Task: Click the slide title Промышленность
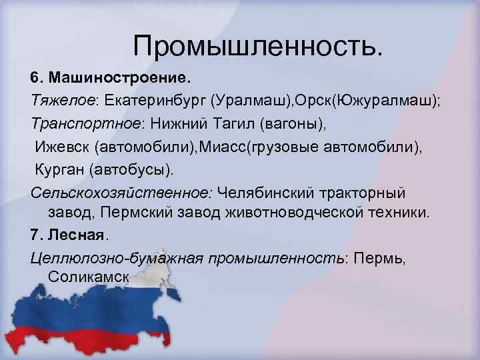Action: coord(258,45)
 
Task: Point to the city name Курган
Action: coord(59,169)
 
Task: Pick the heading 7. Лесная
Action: coord(69,235)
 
